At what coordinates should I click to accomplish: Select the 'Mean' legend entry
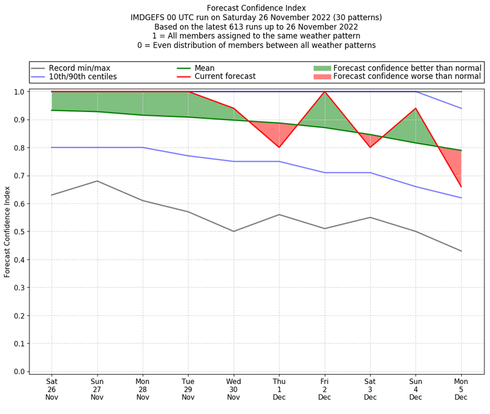(x=208, y=67)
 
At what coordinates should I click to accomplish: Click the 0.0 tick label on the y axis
(x=19, y=372)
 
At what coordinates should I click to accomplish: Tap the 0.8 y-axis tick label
(x=19, y=148)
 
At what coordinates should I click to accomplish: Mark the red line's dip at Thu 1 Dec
(x=279, y=147)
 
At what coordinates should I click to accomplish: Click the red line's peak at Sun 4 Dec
(x=416, y=108)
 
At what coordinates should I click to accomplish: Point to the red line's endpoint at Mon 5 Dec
(x=461, y=186)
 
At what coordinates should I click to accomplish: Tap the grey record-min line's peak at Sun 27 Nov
(x=97, y=181)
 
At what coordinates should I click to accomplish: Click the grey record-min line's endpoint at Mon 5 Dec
(x=461, y=251)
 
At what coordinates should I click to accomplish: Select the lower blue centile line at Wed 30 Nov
(x=233, y=161)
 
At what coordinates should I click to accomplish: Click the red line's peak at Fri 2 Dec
(x=325, y=92)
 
